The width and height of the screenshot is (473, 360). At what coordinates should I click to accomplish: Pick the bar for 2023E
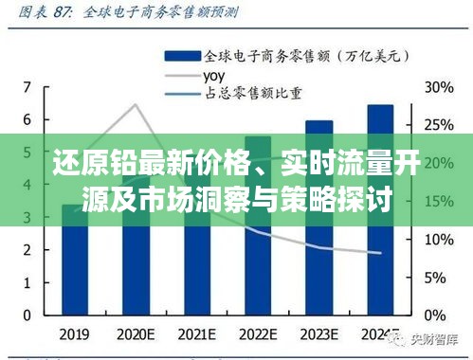[318, 223]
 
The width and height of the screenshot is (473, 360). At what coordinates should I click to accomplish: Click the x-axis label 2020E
[136, 335]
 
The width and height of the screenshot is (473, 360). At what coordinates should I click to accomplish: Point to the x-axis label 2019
[75, 335]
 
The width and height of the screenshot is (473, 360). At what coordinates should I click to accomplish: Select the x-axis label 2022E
[258, 335]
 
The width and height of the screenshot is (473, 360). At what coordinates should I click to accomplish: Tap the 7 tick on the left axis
[27, 86]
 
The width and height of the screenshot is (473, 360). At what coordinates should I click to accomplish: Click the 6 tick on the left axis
[27, 119]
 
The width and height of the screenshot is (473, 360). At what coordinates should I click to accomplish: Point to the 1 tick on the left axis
[27, 282]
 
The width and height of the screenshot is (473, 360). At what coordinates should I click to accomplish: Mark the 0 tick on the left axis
[27, 315]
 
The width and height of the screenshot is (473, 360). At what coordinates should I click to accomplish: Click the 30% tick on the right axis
[437, 86]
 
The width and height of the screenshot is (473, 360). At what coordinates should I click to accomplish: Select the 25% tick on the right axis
[437, 124]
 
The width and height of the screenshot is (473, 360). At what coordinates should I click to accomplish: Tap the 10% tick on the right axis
[437, 239]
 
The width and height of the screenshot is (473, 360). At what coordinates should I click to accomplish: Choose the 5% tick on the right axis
[437, 277]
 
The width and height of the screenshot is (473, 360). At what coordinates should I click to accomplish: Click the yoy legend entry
[213, 74]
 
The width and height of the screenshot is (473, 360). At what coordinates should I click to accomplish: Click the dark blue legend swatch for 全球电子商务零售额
[181, 55]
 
